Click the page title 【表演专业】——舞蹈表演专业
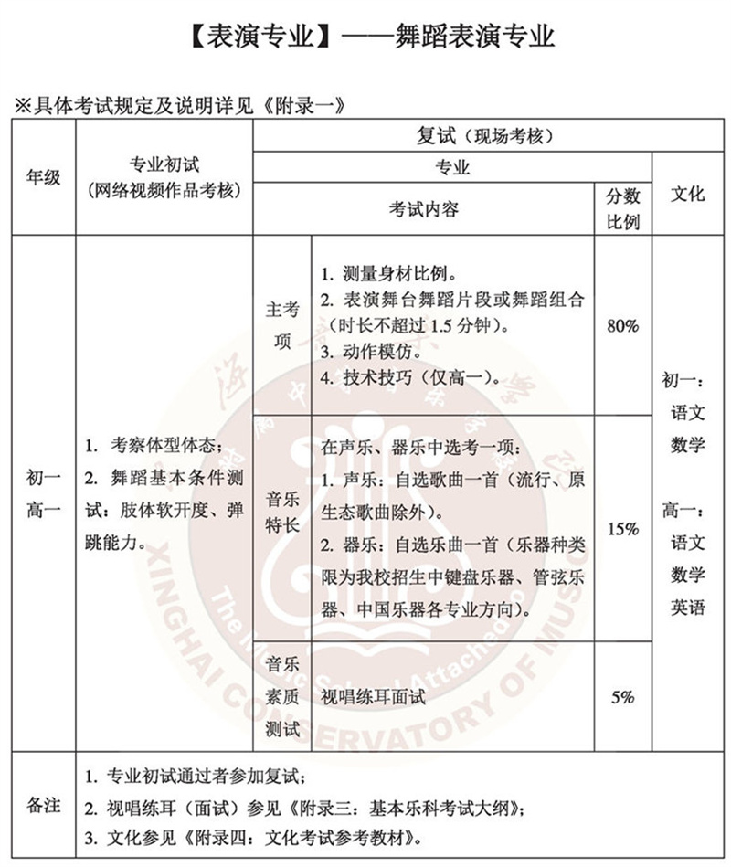pos(365,37)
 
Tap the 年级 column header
pos(41,177)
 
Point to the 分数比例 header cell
pos(623,208)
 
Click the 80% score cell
pos(623,325)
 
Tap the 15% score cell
pos(623,528)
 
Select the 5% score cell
pos(623,697)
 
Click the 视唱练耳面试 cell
pos(375,697)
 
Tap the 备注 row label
pos(41,807)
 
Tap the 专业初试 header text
pos(164,164)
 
